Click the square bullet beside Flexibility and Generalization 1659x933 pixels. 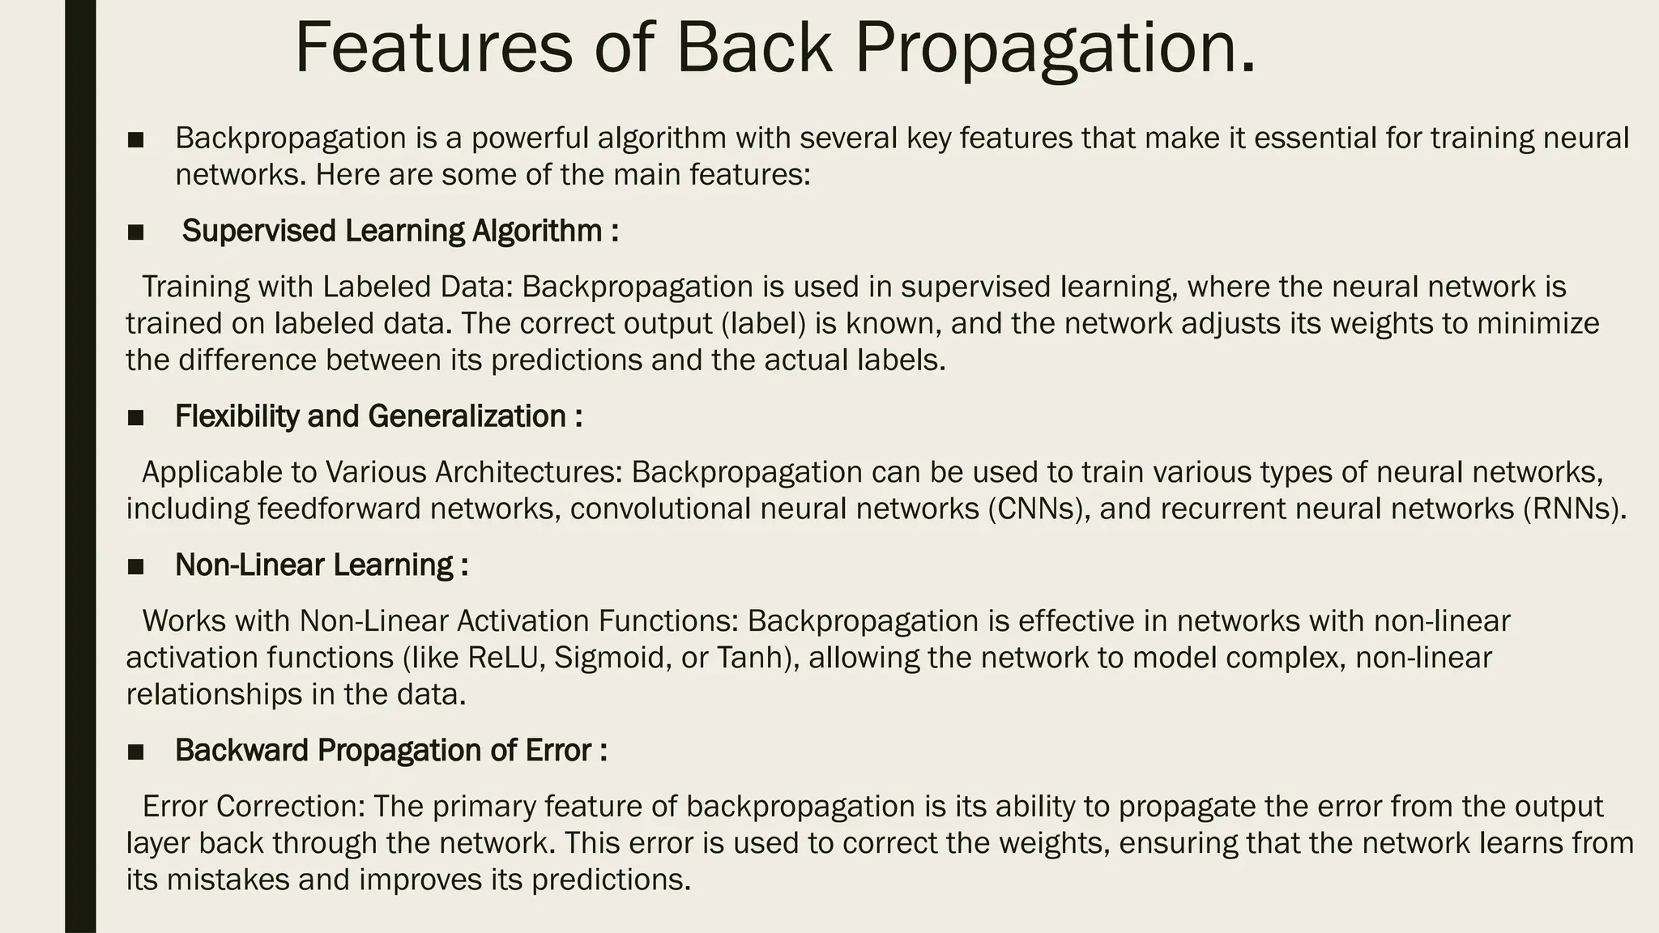pos(135,418)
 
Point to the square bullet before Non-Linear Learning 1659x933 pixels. pos(135,566)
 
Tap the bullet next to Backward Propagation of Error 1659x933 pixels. pos(135,752)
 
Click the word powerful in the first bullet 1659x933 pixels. pos(531,138)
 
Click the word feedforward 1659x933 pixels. pos(339,509)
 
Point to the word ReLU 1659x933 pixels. pos(504,657)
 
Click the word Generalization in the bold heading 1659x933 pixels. pos(467,416)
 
